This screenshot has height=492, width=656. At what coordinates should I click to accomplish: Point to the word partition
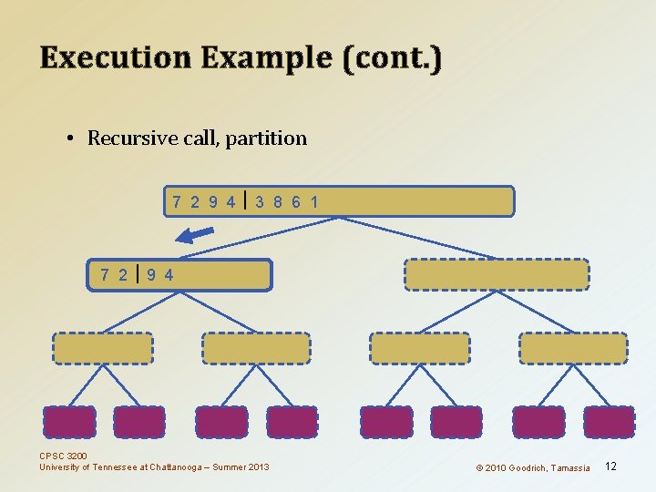[266, 138]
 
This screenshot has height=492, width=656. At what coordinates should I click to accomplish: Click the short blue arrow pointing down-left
[194, 236]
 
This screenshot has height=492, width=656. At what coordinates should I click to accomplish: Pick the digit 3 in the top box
[261, 201]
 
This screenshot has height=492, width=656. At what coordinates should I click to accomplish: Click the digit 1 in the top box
[314, 201]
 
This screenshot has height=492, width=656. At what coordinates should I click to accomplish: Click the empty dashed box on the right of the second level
[497, 274]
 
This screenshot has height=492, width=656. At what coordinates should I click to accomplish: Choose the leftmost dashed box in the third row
[102, 348]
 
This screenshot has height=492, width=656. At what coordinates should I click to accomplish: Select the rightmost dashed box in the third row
[573, 348]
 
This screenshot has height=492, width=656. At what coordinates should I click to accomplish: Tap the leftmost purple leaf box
[69, 422]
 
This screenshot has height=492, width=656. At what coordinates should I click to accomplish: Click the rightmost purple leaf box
[609, 422]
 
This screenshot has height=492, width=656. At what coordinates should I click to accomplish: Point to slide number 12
[610, 466]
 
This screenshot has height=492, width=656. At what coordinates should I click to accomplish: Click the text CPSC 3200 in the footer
[64, 456]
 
